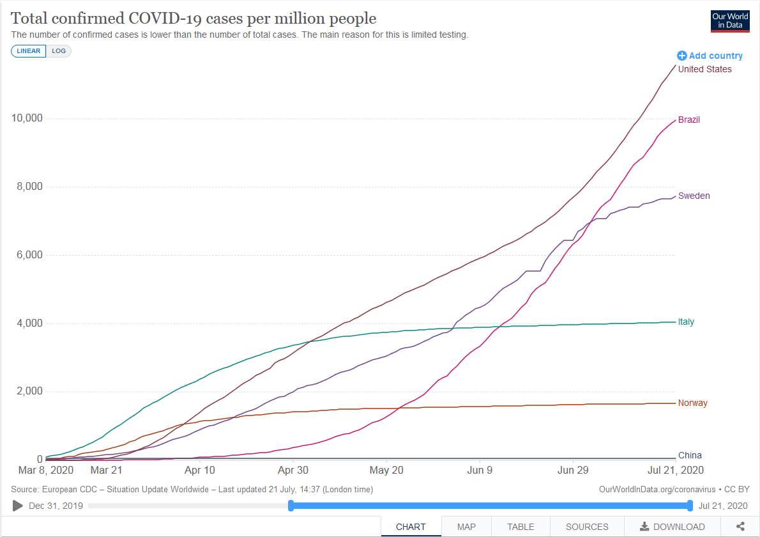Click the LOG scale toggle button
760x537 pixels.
(59, 51)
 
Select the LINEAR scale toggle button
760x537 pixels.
(29, 51)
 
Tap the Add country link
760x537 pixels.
(710, 56)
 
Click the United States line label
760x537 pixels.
(704, 70)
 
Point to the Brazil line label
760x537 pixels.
(688, 120)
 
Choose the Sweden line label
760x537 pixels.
(694, 196)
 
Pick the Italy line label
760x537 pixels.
(686, 322)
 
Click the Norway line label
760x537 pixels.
(693, 403)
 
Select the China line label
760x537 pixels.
(690, 455)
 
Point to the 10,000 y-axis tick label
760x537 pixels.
(27, 118)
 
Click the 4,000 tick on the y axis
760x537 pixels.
(29, 323)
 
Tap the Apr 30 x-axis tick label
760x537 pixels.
(293, 470)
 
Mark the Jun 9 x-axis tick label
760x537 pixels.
(480, 470)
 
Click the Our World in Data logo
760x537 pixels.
(730, 21)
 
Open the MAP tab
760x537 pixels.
(466, 527)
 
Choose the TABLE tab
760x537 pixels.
(521, 527)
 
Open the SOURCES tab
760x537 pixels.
(587, 527)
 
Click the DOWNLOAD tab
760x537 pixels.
(673, 527)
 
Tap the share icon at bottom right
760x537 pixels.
(740, 526)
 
